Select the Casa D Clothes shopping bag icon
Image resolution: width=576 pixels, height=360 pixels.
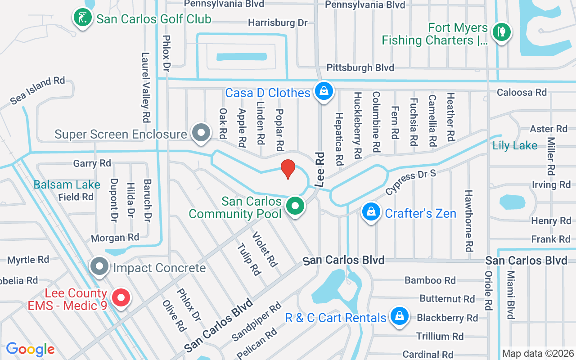click(x=324, y=91)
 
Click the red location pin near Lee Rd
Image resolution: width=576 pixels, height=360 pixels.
click(x=288, y=169)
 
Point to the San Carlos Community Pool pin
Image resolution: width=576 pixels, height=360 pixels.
click(x=295, y=207)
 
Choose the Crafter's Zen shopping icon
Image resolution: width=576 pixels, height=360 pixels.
click(x=371, y=212)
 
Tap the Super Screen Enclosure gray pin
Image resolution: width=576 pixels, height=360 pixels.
click(x=201, y=133)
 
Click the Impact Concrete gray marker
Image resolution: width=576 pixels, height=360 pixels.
click(x=99, y=267)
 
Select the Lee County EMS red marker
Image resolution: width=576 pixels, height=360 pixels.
click(x=121, y=298)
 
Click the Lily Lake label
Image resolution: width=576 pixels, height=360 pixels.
click(x=515, y=145)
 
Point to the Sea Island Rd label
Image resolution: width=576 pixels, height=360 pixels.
click(x=37, y=90)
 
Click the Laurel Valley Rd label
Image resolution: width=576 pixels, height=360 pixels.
click(x=145, y=88)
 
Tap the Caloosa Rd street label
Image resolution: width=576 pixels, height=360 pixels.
click(x=522, y=92)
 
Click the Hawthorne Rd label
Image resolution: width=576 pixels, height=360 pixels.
click(x=469, y=220)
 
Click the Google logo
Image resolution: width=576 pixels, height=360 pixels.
click(x=30, y=349)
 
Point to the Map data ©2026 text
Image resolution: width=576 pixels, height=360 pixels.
click(x=538, y=353)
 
